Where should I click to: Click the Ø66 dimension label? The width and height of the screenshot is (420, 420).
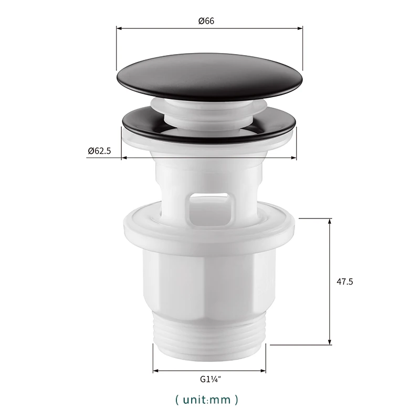tap(206, 20)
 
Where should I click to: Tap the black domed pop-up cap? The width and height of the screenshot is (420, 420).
tap(210, 79)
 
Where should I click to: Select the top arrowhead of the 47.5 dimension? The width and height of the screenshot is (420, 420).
tap(330, 219)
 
